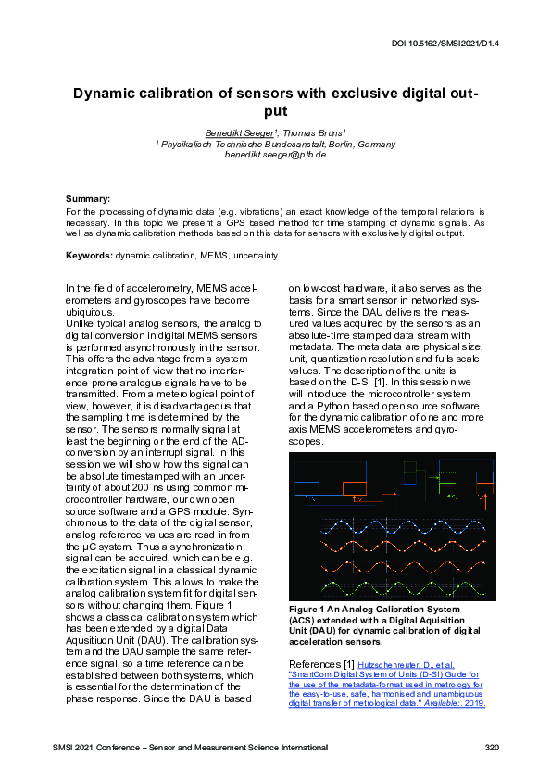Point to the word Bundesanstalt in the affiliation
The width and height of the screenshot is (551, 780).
pyautogui.click(x=303, y=144)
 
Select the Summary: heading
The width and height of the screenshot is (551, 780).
pyautogui.click(x=88, y=199)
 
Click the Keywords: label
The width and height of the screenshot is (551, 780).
pyautogui.click(x=89, y=255)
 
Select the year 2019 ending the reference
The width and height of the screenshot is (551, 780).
pyautogui.click(x=472, y=703)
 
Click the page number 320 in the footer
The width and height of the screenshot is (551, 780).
pyautogui.click(x=492, y=747)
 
